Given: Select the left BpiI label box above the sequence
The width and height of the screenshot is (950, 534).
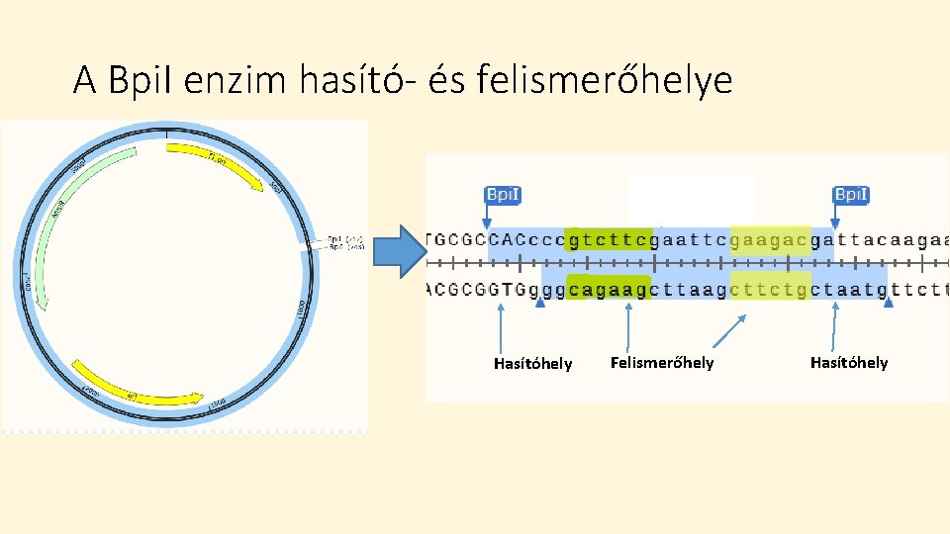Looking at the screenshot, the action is click(502, 195).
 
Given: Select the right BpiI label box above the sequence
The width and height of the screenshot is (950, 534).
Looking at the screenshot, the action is click(851, 195).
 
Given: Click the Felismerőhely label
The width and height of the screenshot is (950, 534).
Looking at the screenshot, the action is click(661, 363).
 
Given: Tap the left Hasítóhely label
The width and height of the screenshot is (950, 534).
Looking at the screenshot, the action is click(532, 364).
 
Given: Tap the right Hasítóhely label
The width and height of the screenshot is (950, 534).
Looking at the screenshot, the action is click(849, 363).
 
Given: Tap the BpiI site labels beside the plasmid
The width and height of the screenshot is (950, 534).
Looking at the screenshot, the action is click(346, 242).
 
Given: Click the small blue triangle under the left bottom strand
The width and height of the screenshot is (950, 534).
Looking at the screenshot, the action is click(539, 305).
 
